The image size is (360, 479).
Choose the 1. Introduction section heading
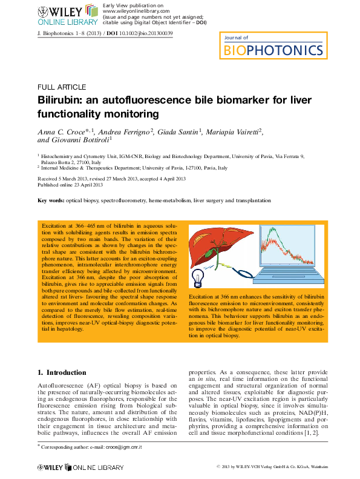pos(62,372)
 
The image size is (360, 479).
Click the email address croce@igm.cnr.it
pos(123,447)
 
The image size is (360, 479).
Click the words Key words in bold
pos(50,200)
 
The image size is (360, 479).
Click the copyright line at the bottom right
pos(272,467)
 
